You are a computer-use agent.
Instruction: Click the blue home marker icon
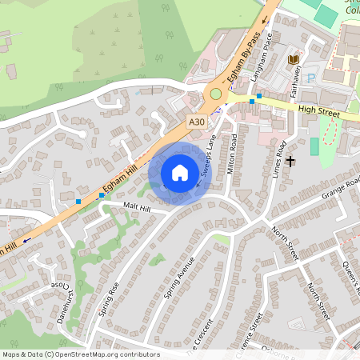pyautogui.click(x=180, y=172)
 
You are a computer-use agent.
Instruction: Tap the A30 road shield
pyautogui.click(x=197, y=120)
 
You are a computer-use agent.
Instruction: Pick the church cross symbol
pyautogui.click(x=290, y=161)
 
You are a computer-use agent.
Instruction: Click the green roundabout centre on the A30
pyautogui.click(x=215, y=95)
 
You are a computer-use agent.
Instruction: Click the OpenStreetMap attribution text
pyautogui.click(x=81, y=354)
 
